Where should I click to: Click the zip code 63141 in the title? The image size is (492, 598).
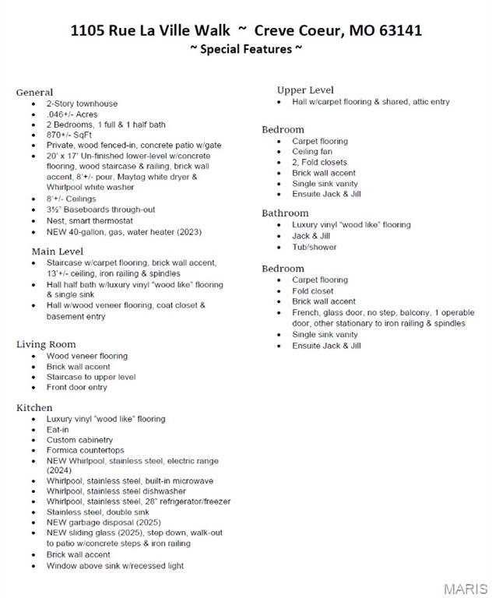[400, 30]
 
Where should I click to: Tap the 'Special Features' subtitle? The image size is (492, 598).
[246, 49]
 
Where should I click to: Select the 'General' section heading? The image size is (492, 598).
[34, 92]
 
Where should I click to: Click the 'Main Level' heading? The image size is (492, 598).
[57, 252]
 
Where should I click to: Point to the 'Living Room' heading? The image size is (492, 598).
[46, 344]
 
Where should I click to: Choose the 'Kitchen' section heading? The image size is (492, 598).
[34, 407]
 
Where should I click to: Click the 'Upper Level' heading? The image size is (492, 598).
[305, 90]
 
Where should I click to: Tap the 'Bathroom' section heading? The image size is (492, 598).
[285, 213]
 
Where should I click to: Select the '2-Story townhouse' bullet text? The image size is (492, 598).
[82, 104]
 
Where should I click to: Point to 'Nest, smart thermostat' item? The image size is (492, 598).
[89, 220]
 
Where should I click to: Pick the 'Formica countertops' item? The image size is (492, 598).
[85, 450]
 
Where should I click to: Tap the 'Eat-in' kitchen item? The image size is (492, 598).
[58, 429]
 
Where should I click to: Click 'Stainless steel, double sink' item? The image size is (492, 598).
[97, 512]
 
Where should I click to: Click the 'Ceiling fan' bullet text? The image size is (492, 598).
[312, 152]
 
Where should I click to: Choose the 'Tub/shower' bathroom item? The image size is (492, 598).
[315, 247]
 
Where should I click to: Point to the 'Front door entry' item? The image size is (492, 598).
[76, 387]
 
